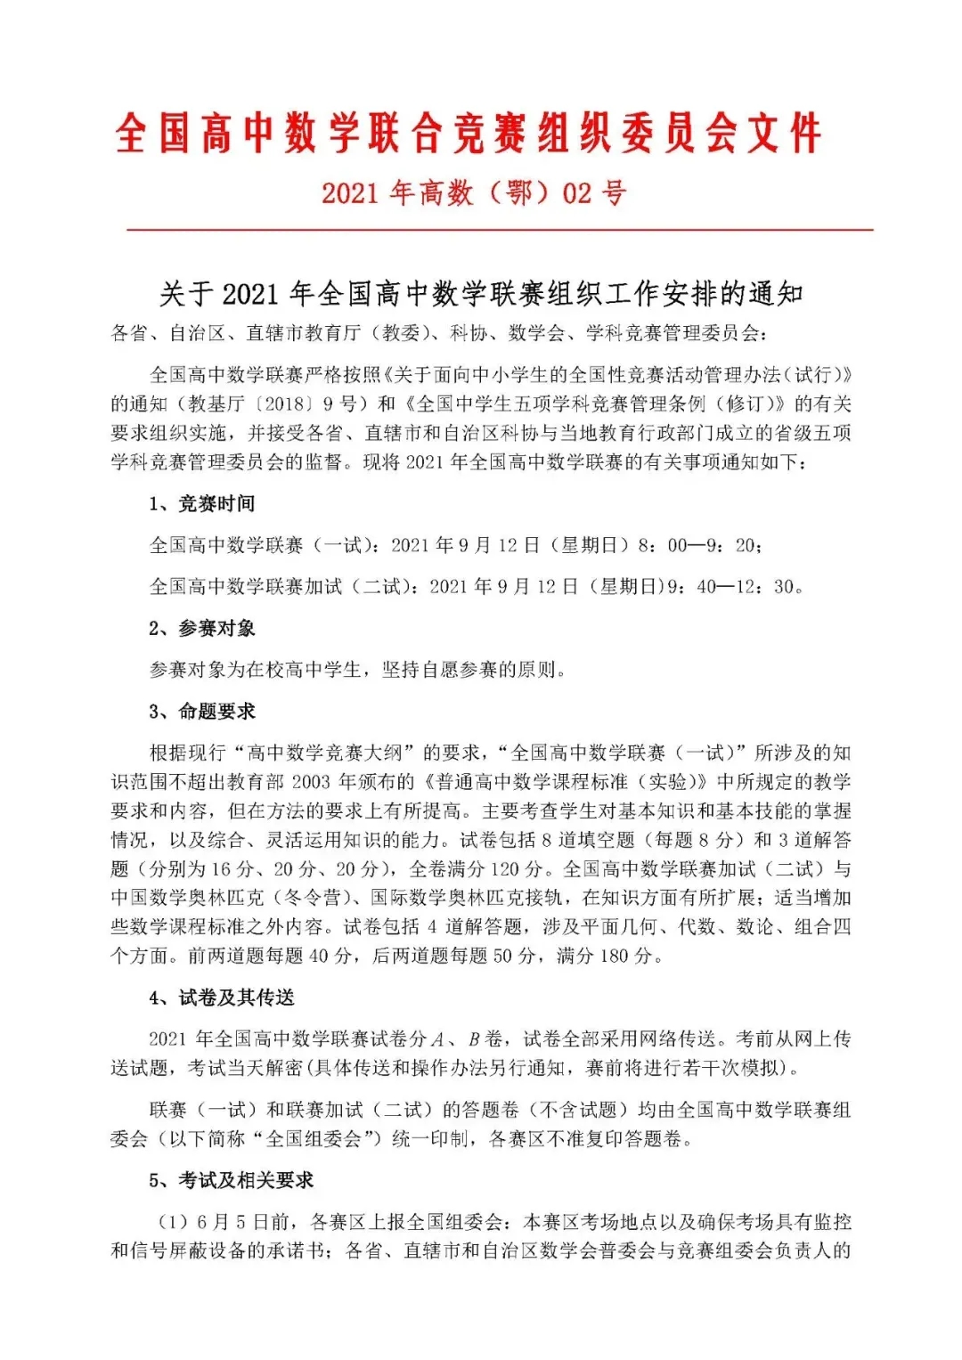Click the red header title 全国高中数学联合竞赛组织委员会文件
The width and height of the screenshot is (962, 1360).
click(468, 134)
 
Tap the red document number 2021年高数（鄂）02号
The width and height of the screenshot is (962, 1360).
click(474, 192)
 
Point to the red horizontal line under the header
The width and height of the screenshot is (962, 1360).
click(499, 230)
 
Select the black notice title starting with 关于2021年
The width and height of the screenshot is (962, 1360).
click(481, 293)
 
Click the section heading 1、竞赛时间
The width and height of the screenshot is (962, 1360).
click(202, 504)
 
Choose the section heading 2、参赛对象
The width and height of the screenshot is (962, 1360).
click(202, 629)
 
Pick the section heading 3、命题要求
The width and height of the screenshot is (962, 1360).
click(202, 712)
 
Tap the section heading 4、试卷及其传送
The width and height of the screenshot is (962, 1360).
click(222, 998)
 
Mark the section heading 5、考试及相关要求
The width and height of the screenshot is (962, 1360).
click(232, 1181)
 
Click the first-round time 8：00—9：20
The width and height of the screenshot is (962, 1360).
click(699, 545)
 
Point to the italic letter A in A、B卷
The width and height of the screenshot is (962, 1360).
click(438, 1039)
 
